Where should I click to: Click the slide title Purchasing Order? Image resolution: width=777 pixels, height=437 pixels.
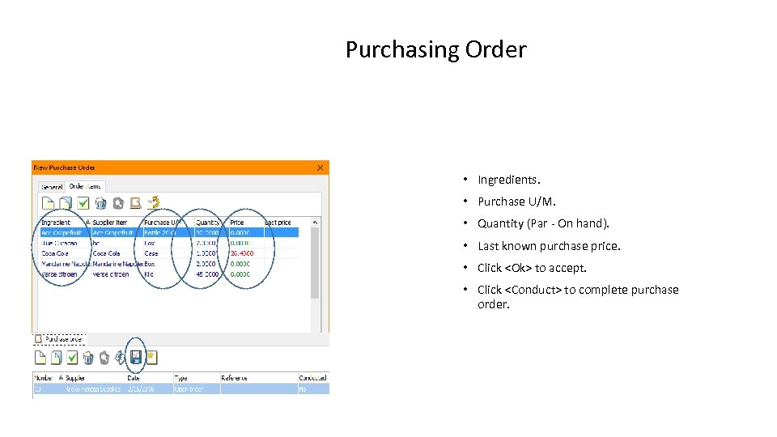click(435, 50)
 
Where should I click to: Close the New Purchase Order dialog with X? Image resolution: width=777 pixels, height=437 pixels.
click(320, 168)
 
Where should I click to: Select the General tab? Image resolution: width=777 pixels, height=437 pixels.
click(52, 187)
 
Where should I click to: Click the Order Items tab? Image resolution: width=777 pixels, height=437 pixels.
click(85, 186)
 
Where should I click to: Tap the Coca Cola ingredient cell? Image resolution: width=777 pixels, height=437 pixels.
click(57, 253)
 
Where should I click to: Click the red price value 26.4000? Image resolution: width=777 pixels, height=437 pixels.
click(241, 253)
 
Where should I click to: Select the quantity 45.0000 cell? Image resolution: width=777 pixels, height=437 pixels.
click(206, 274)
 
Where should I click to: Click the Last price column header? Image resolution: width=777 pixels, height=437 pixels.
click(278, 223)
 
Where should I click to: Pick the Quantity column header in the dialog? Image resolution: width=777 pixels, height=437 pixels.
click(208, 223)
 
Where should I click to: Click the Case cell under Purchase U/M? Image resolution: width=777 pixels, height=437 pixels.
click(151, 253)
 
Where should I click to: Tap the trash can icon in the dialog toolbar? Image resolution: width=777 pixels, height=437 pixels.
click(100, 203)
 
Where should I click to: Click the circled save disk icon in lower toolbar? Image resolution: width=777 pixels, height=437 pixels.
click(136, 357)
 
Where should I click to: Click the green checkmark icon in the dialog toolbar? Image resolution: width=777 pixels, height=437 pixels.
click(83, 203)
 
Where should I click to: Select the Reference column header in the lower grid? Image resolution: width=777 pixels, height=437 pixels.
click(235, 378)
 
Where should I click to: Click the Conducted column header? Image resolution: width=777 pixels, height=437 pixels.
click(312, 378)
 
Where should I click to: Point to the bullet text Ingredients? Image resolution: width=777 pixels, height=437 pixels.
click(508, 180)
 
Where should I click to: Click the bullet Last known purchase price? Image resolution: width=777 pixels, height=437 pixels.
click(549, 246)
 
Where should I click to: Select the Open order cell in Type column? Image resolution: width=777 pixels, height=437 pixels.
click(189, 389)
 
